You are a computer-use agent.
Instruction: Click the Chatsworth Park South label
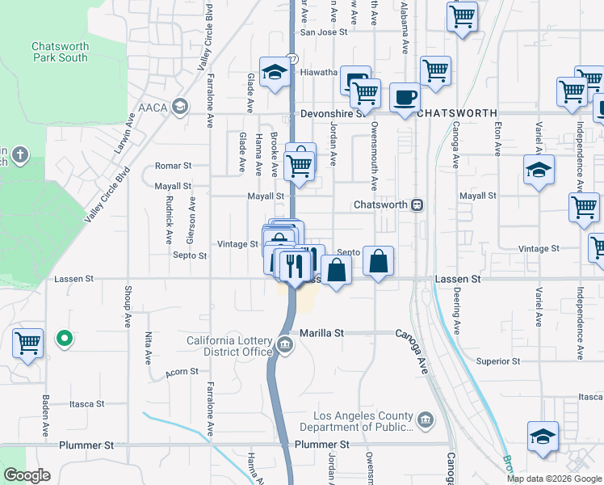click(x=60, y=52)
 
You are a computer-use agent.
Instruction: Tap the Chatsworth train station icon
click(x=417, y=205)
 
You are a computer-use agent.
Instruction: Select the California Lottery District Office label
click(x=229, y=345)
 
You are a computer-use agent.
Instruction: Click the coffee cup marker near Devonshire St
click(x=405, y=98)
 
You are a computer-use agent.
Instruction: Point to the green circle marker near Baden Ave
click(x=64, y=339)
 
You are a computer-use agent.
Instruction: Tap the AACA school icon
click(x=180, y=106)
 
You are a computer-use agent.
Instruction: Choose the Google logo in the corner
click(x=26, y=475)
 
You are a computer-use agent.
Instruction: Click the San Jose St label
click(x=323, y=32)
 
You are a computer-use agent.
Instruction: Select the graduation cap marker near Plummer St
click(x=542, y=436)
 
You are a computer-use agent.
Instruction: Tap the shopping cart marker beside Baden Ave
click(x=27, y=343)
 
